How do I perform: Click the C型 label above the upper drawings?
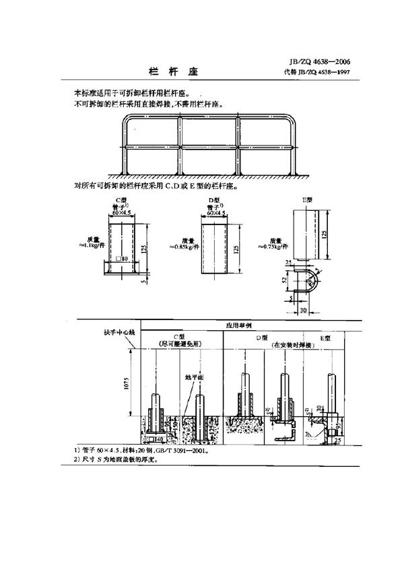122,199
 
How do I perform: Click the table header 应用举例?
242,324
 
